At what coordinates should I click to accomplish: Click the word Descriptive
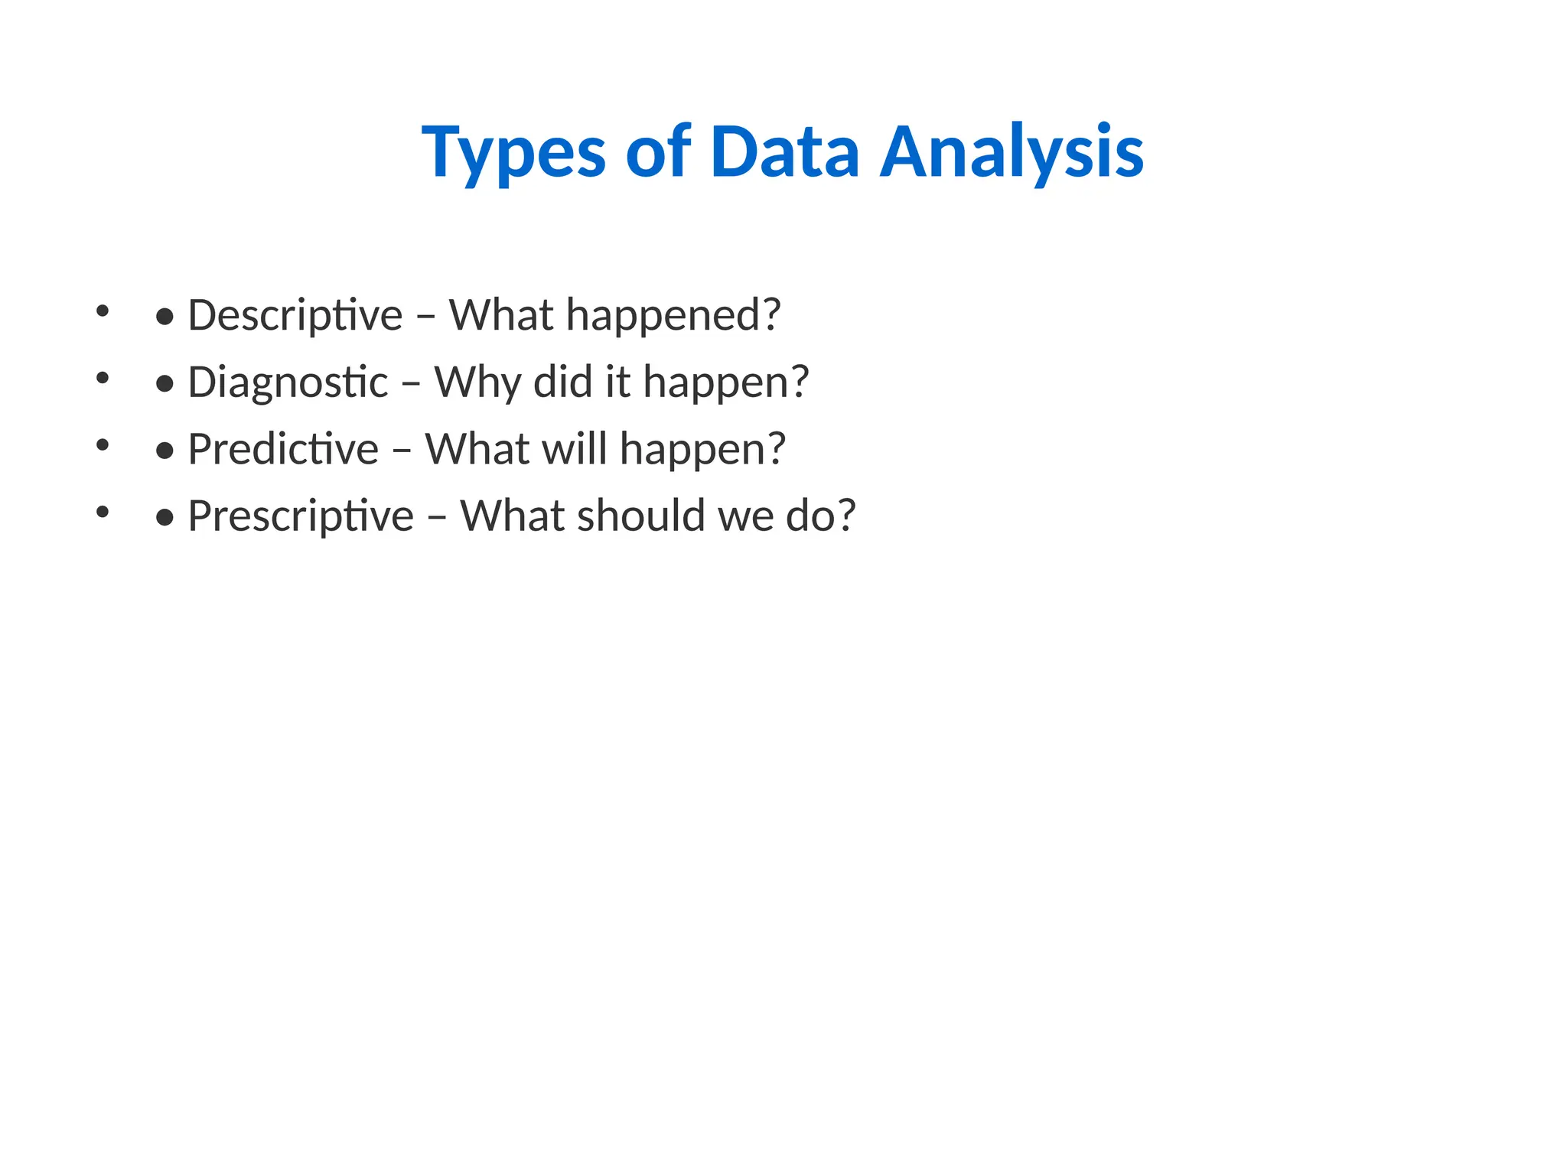click(x=295, y=315)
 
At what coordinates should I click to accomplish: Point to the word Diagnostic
click(x=288, y=382)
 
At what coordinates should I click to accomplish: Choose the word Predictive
click(x=283, y=449)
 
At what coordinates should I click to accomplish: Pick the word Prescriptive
click(x=301, y=516)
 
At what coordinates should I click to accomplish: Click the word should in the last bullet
click(x=640, y=516)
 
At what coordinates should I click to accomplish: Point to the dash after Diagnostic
click(x=411, y=383)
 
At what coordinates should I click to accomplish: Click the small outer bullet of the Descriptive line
click(x=103, y=311)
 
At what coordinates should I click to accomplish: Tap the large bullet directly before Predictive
click(x=165, y=451)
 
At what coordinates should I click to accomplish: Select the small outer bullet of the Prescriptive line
click(x=103, y=512)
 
